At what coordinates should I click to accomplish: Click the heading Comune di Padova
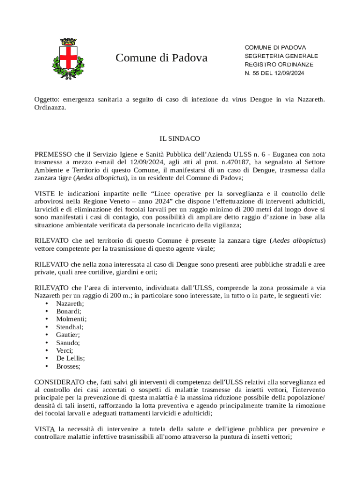point(161,58)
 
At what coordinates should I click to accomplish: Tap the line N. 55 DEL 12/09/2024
point(274,73)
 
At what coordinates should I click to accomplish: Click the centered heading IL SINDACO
point(180,138)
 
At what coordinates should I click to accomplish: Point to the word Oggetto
point(47,99)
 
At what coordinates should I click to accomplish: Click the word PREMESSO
point(53,154)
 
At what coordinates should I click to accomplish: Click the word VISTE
point(45,193)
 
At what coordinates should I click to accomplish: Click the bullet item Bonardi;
point(69,311)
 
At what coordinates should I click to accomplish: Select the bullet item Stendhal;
point(70,327)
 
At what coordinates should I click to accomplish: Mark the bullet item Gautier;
point(68,335)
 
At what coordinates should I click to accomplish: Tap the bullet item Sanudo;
point(68,343)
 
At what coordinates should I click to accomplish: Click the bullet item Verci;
point(65,350)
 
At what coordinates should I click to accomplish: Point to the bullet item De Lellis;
point(70,358)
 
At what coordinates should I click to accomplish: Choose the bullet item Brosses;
point(68,366)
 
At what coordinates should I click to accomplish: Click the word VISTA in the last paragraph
point(44,429)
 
